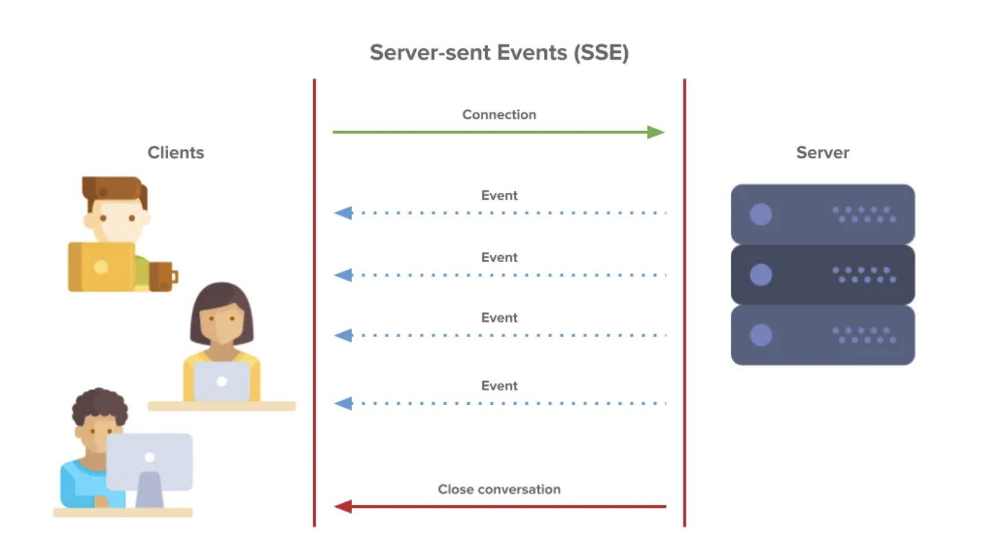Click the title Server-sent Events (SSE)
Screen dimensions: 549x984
tap(499, 53)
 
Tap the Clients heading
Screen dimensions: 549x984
tap(176, 152)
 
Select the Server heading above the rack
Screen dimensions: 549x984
tap(822, 152)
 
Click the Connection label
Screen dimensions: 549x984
tap(499, 115)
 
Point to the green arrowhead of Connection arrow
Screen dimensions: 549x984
tap(655, 132)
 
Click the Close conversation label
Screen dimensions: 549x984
tap(499, 489)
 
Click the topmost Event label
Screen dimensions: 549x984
tap(499, 196)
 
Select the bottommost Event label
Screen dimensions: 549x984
tap(499, 386)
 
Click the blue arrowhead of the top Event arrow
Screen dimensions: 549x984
tap(343, 213)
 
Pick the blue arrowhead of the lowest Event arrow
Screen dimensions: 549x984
tap(343, 404)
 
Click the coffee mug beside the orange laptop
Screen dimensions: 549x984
tap(163, 277)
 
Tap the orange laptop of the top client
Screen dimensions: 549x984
tap(101, 267)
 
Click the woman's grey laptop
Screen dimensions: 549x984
tap(221, 382)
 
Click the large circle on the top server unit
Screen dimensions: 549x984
tap(760, 214)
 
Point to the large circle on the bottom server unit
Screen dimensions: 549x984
tap(760, 335)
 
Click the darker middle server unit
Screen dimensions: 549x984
tap(822, 274)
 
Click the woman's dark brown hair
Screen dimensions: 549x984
tap(221, 299)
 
